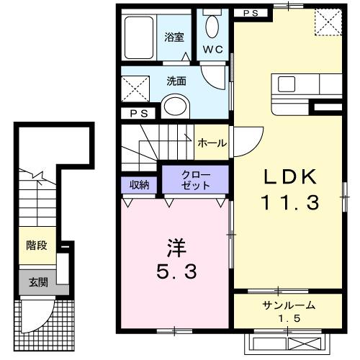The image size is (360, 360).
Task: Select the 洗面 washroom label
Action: (176, 82)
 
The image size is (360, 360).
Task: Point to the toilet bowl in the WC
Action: (212, 27)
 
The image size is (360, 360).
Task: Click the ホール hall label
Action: (212, 143)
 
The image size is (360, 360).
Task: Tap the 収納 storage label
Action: (140, 185)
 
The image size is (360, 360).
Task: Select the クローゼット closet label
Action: (196, 180)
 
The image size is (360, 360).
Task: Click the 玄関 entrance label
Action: (39, 282)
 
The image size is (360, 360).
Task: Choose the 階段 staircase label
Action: (37, 246)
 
